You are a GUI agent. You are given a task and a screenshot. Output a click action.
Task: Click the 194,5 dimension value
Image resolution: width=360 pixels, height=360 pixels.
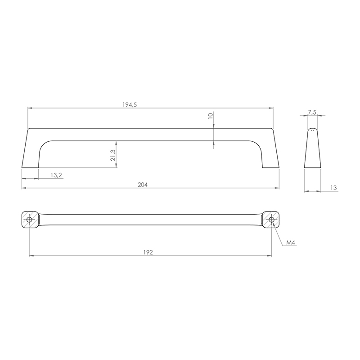pos(130,105)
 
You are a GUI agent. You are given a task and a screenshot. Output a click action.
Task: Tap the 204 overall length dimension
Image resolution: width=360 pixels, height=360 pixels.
pos(143,184)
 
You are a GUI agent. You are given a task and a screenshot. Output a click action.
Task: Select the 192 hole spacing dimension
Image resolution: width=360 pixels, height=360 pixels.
pos(148,252)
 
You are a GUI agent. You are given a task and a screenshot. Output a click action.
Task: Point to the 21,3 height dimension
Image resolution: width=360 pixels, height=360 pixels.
pos(113,155)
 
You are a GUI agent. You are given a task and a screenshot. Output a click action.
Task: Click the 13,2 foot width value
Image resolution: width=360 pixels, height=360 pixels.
pos(56,175)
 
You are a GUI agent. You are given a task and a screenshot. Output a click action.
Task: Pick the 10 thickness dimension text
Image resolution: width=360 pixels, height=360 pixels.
pos(210,116)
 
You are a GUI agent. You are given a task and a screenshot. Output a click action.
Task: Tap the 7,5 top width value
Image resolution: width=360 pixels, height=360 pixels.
pos(312,112)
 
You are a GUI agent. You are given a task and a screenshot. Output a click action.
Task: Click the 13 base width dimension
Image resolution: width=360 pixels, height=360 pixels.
pos(333,188)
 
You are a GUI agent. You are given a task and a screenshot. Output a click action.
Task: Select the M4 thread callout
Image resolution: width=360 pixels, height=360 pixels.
pos(290,243)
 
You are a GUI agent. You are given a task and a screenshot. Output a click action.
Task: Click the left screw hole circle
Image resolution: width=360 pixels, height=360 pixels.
pos(29,220)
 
